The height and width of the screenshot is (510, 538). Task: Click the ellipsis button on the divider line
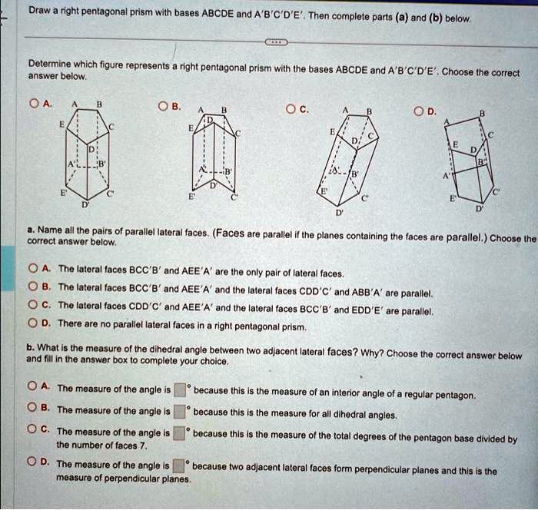click(x=277, y=43)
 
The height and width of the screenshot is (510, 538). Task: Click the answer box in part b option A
click(x=179, y=389)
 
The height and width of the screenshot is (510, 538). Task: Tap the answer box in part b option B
click(x=179, y=409)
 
